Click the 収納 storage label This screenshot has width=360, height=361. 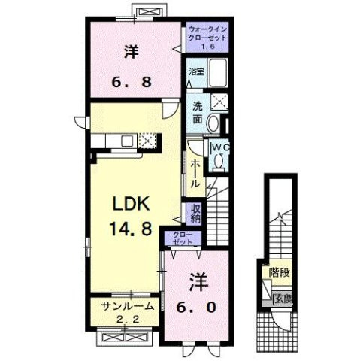tap(195, 214)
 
